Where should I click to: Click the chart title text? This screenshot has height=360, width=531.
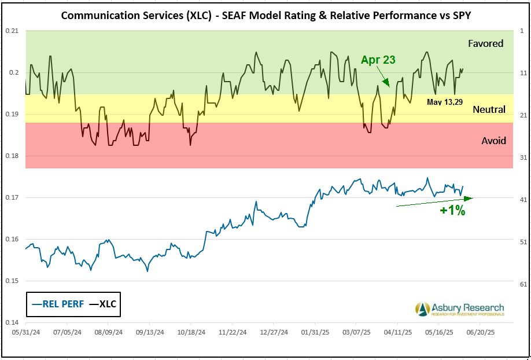(265, 16)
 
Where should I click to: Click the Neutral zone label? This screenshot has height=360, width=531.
(489, 109)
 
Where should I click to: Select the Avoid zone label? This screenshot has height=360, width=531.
(493, 141)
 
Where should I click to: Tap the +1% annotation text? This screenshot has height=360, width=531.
(452, 211)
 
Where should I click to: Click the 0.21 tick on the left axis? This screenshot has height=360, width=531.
(12, 31)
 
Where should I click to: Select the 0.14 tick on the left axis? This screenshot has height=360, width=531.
(12, 322)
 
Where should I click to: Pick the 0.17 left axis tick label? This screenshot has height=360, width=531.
(12, 197)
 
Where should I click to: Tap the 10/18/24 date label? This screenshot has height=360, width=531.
(190, 333)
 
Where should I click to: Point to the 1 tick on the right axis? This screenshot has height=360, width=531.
(522, 31)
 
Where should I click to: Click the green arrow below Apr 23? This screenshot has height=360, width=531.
(385, 78)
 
